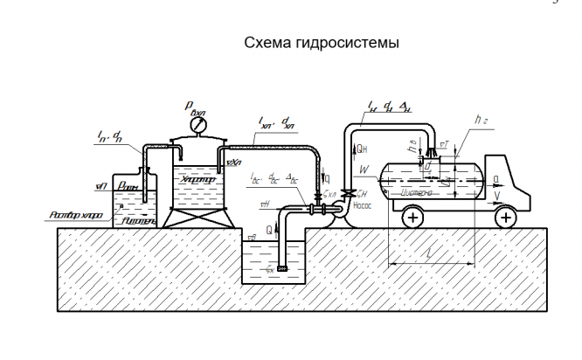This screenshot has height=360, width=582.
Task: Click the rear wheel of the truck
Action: coord(411,218)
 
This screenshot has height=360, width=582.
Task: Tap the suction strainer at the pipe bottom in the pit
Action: coord(281,268)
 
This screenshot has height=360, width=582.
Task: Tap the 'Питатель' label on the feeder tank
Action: coord(138,222)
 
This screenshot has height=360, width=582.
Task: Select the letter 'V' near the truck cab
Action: coord(497,195)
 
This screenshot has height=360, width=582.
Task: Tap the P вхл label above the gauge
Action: coord(193,107)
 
